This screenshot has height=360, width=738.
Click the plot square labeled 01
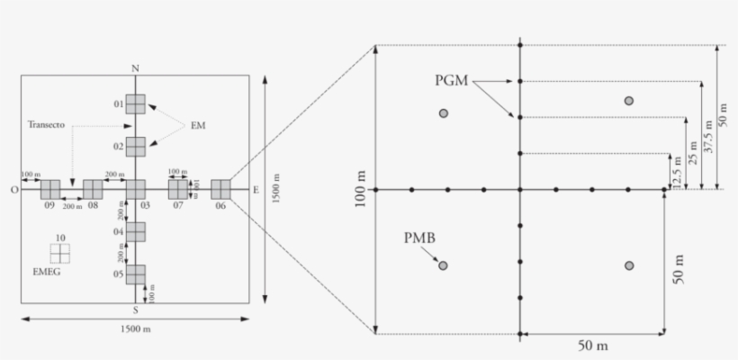coord(135,104)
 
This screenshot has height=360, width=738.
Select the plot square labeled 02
coord(135,147)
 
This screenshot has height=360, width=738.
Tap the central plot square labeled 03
coord(135,190)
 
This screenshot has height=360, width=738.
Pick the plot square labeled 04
coord(135,232)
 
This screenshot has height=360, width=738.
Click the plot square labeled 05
coord(135,274)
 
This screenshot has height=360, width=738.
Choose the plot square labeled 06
coord(220,190)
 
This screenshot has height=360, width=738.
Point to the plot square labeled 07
coord(178,190)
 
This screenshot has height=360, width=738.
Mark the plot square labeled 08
coord(93,190)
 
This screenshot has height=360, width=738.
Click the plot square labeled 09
coord(50,190)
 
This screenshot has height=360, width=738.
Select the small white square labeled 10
coord(59,252)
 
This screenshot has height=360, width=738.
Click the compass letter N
coord(135,68)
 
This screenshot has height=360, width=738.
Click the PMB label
coord(420,238)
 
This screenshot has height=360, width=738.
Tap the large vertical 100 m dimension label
coord(361,190)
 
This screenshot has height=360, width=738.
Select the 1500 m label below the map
coord(135,329)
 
